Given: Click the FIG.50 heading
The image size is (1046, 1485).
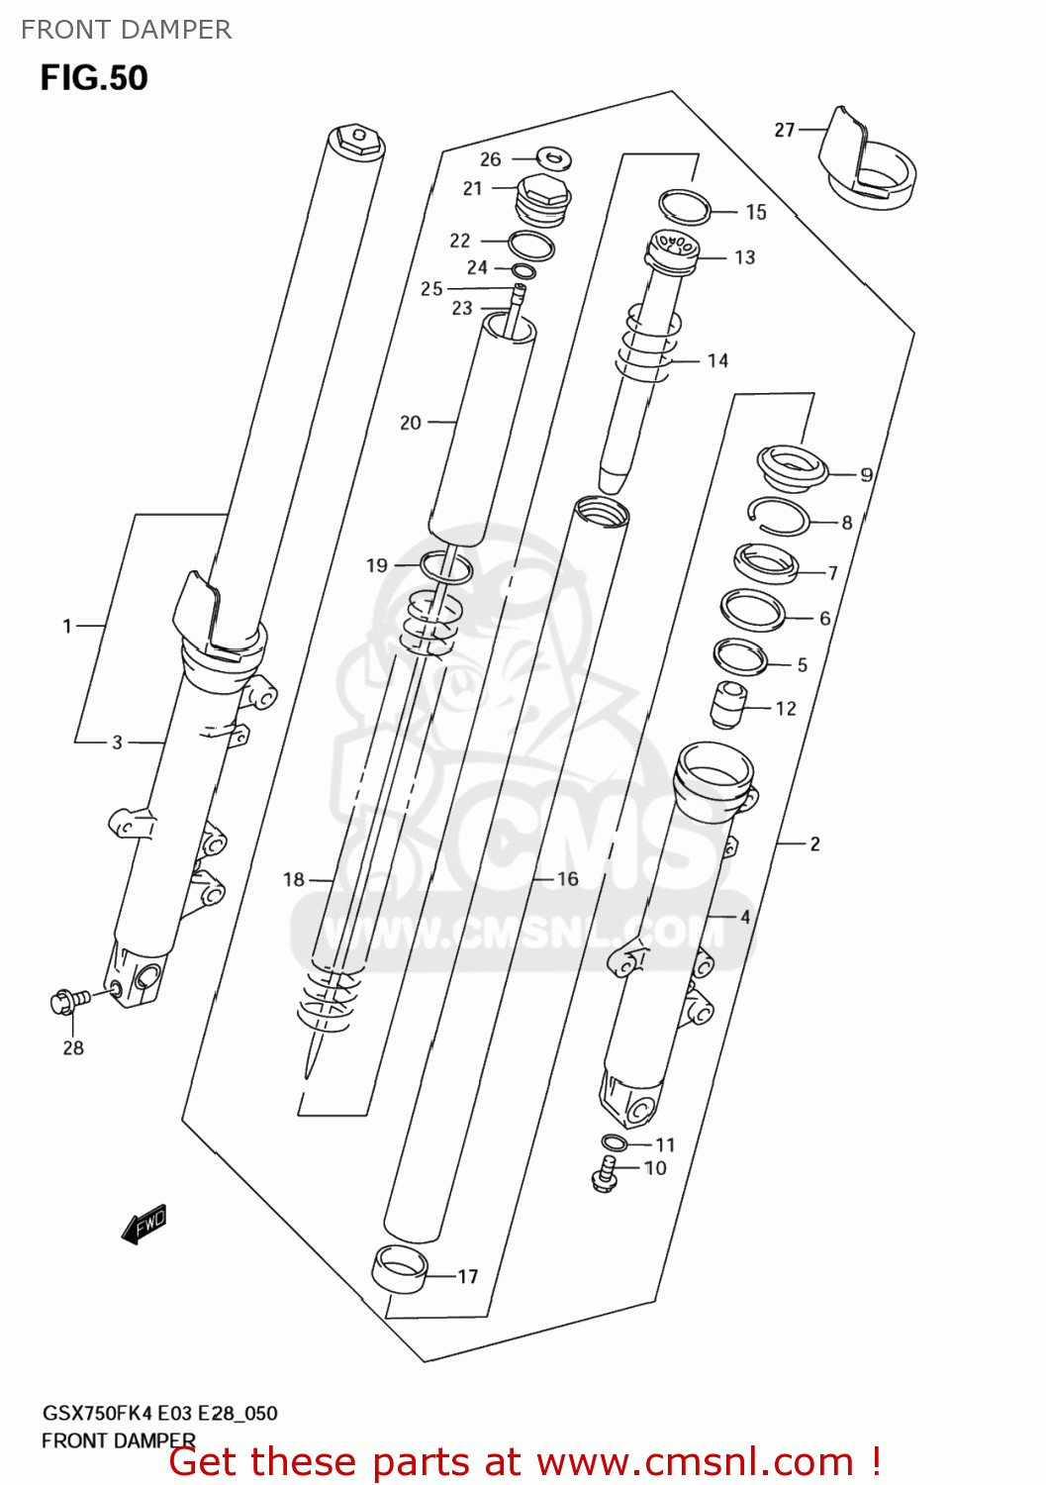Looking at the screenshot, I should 94,78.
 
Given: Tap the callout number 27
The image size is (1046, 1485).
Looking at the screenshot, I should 784,130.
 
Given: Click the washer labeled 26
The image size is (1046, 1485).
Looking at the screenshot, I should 554,157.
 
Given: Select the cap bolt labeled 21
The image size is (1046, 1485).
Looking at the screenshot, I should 543,199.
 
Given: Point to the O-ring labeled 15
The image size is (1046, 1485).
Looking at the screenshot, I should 685,207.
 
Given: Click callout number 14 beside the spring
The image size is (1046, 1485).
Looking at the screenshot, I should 717,361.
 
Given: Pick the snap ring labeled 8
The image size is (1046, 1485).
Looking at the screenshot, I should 780,517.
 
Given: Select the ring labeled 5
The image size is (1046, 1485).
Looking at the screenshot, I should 740,656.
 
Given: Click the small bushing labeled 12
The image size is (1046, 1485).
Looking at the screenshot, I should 728,705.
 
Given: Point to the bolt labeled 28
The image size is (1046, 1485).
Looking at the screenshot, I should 67,1001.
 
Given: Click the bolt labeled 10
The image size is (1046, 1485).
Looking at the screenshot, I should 605,1175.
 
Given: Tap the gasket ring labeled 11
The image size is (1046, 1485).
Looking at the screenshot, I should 614,1143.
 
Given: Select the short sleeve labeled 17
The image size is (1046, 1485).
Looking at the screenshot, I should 399,1271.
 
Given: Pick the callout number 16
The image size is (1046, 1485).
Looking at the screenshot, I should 568,879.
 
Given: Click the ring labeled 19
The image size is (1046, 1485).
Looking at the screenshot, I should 446,567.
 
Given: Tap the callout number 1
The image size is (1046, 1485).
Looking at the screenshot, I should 67,626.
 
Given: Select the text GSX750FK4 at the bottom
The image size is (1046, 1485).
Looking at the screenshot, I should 90,1413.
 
